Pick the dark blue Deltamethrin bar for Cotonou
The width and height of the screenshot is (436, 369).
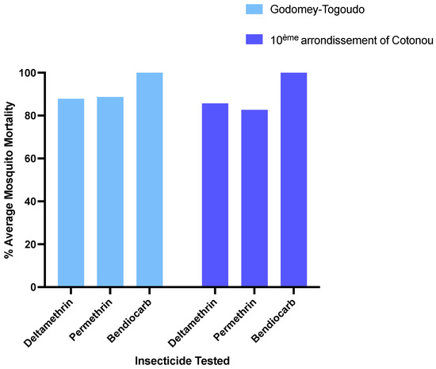[x=215, y=195]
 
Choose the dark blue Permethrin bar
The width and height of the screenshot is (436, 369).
[x=254, y=198]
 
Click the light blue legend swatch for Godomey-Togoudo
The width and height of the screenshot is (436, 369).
[x=254, y=10]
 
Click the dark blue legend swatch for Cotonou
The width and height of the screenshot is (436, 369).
[x=254, y=40]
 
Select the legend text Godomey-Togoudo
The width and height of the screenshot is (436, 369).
[x=316, y=10]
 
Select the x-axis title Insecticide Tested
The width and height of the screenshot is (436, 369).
[x=182, y=361]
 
